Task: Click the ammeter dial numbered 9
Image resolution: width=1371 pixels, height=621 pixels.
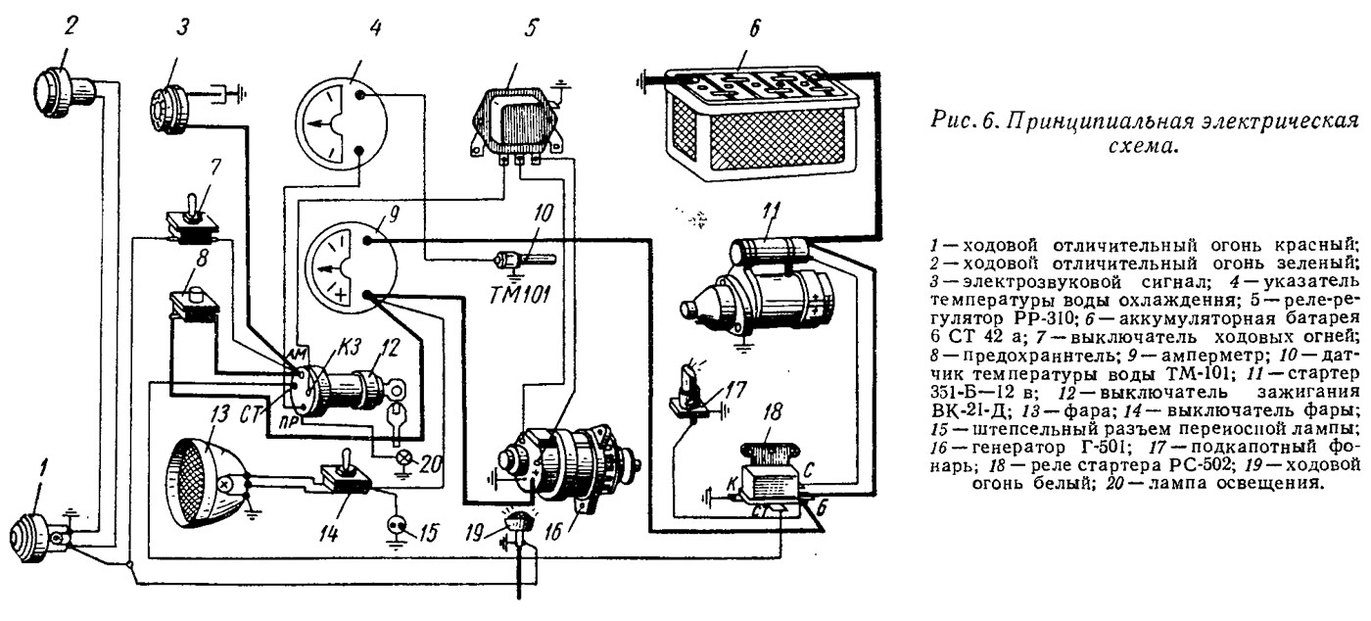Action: click(x=351, y=269)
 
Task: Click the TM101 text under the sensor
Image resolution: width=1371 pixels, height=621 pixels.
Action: click(x=520, y=295)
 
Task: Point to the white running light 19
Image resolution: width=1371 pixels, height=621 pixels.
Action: click(x=518, y=524)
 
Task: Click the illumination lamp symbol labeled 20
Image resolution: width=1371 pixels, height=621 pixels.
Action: click(x=402, y=458)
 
